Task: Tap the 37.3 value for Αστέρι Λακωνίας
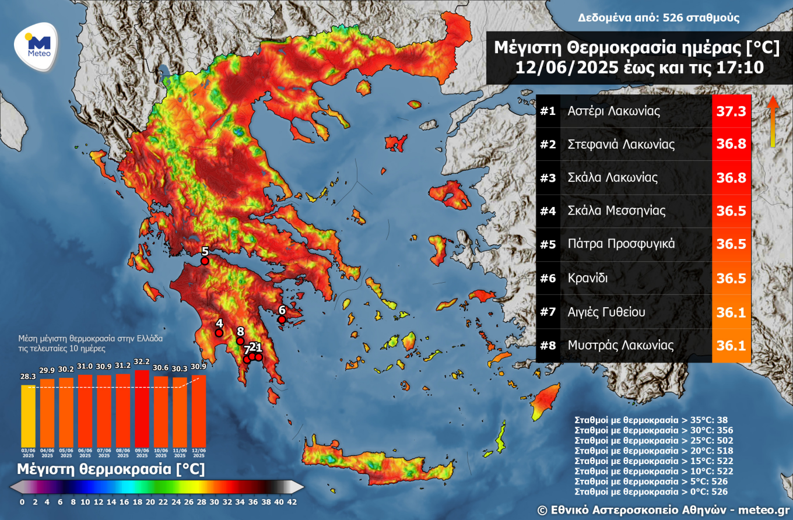[x=731, y=111]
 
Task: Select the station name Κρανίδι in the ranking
[x=587, y=278]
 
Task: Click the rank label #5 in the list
[x=548, y=244]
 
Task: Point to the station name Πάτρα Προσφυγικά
[x=621, y=244]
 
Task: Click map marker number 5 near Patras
[x=205, y=262]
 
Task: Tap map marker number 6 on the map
[x=282, y=319]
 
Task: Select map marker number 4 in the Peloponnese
[x=219, y=333]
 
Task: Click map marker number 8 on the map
[x=240, y=341]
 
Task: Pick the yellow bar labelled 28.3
[x=28, y=415]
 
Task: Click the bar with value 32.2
[x=142, y=407]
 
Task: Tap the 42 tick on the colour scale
[x=292, y=502]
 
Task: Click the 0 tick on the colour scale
[x=22, y=502]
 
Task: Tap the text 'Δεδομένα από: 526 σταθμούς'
[x=659, y=17]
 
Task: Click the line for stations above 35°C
[x=651, y=420]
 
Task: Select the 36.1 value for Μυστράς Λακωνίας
[x=731, y=346]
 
